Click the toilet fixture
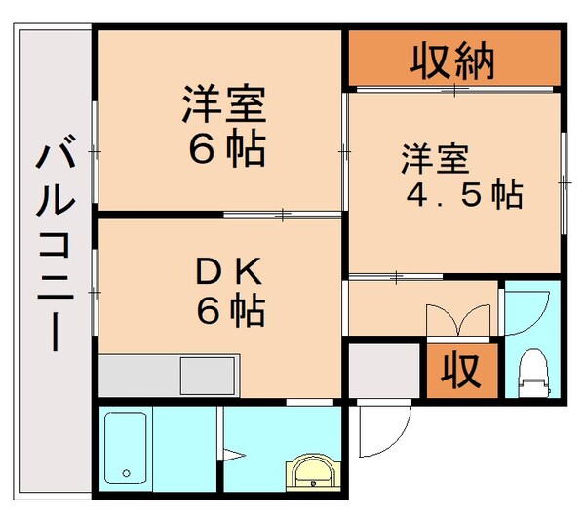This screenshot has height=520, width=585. click(x=532, y=372)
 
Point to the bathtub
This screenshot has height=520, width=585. click(x=125, y=450)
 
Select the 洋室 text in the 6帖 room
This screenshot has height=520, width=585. click(x=224, y=104)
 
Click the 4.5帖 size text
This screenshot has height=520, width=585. click(x=464, y=195)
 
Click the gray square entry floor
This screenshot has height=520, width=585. click(x=384, y=370)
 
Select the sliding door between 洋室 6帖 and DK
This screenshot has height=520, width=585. click(x=283, y=213)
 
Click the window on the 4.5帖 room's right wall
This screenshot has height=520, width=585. click(x=564, y=180)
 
